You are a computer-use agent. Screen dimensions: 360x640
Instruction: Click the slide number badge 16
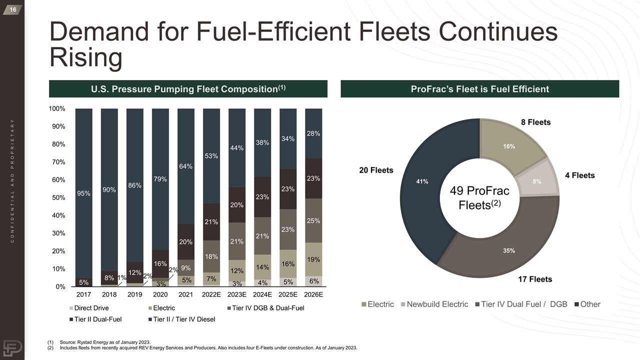pos(12,9)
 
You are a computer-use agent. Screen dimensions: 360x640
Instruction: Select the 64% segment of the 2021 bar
pos(186,166)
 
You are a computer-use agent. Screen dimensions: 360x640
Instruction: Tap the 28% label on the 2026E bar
pos(313,133)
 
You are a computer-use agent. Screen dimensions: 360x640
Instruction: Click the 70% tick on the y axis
pos(57,162)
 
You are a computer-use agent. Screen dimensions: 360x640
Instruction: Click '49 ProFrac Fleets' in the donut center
pos(480,198)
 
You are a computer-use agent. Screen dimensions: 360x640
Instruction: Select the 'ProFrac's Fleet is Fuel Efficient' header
pos(479,89)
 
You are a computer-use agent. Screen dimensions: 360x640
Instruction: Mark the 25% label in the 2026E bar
pos(313,220)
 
